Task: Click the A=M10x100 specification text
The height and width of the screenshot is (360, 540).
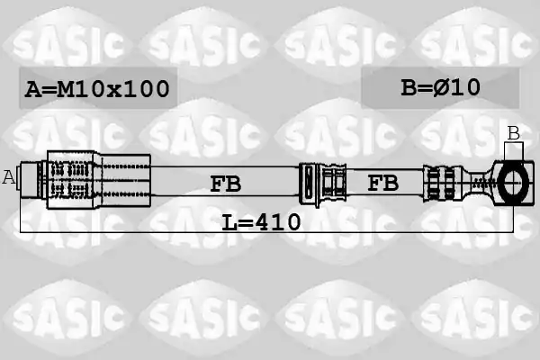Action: click(x=97, y=88)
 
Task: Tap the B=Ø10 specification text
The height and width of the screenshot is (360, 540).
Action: click(x=440, y=87)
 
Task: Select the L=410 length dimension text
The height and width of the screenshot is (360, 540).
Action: click(x=261, y=221)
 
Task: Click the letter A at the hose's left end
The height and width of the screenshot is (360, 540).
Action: click(x=9, y=177)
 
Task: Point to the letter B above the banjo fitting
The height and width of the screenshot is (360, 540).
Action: click(x=514, y=133)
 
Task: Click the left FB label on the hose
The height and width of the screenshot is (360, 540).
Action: click(x=226, y=184)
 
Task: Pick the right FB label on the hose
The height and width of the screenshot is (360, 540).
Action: click(x=383, y=182)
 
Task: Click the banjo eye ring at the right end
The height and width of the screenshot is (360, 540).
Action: click(x=514, y=183)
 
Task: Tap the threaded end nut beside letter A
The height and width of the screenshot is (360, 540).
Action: click(x=31, y=179)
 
